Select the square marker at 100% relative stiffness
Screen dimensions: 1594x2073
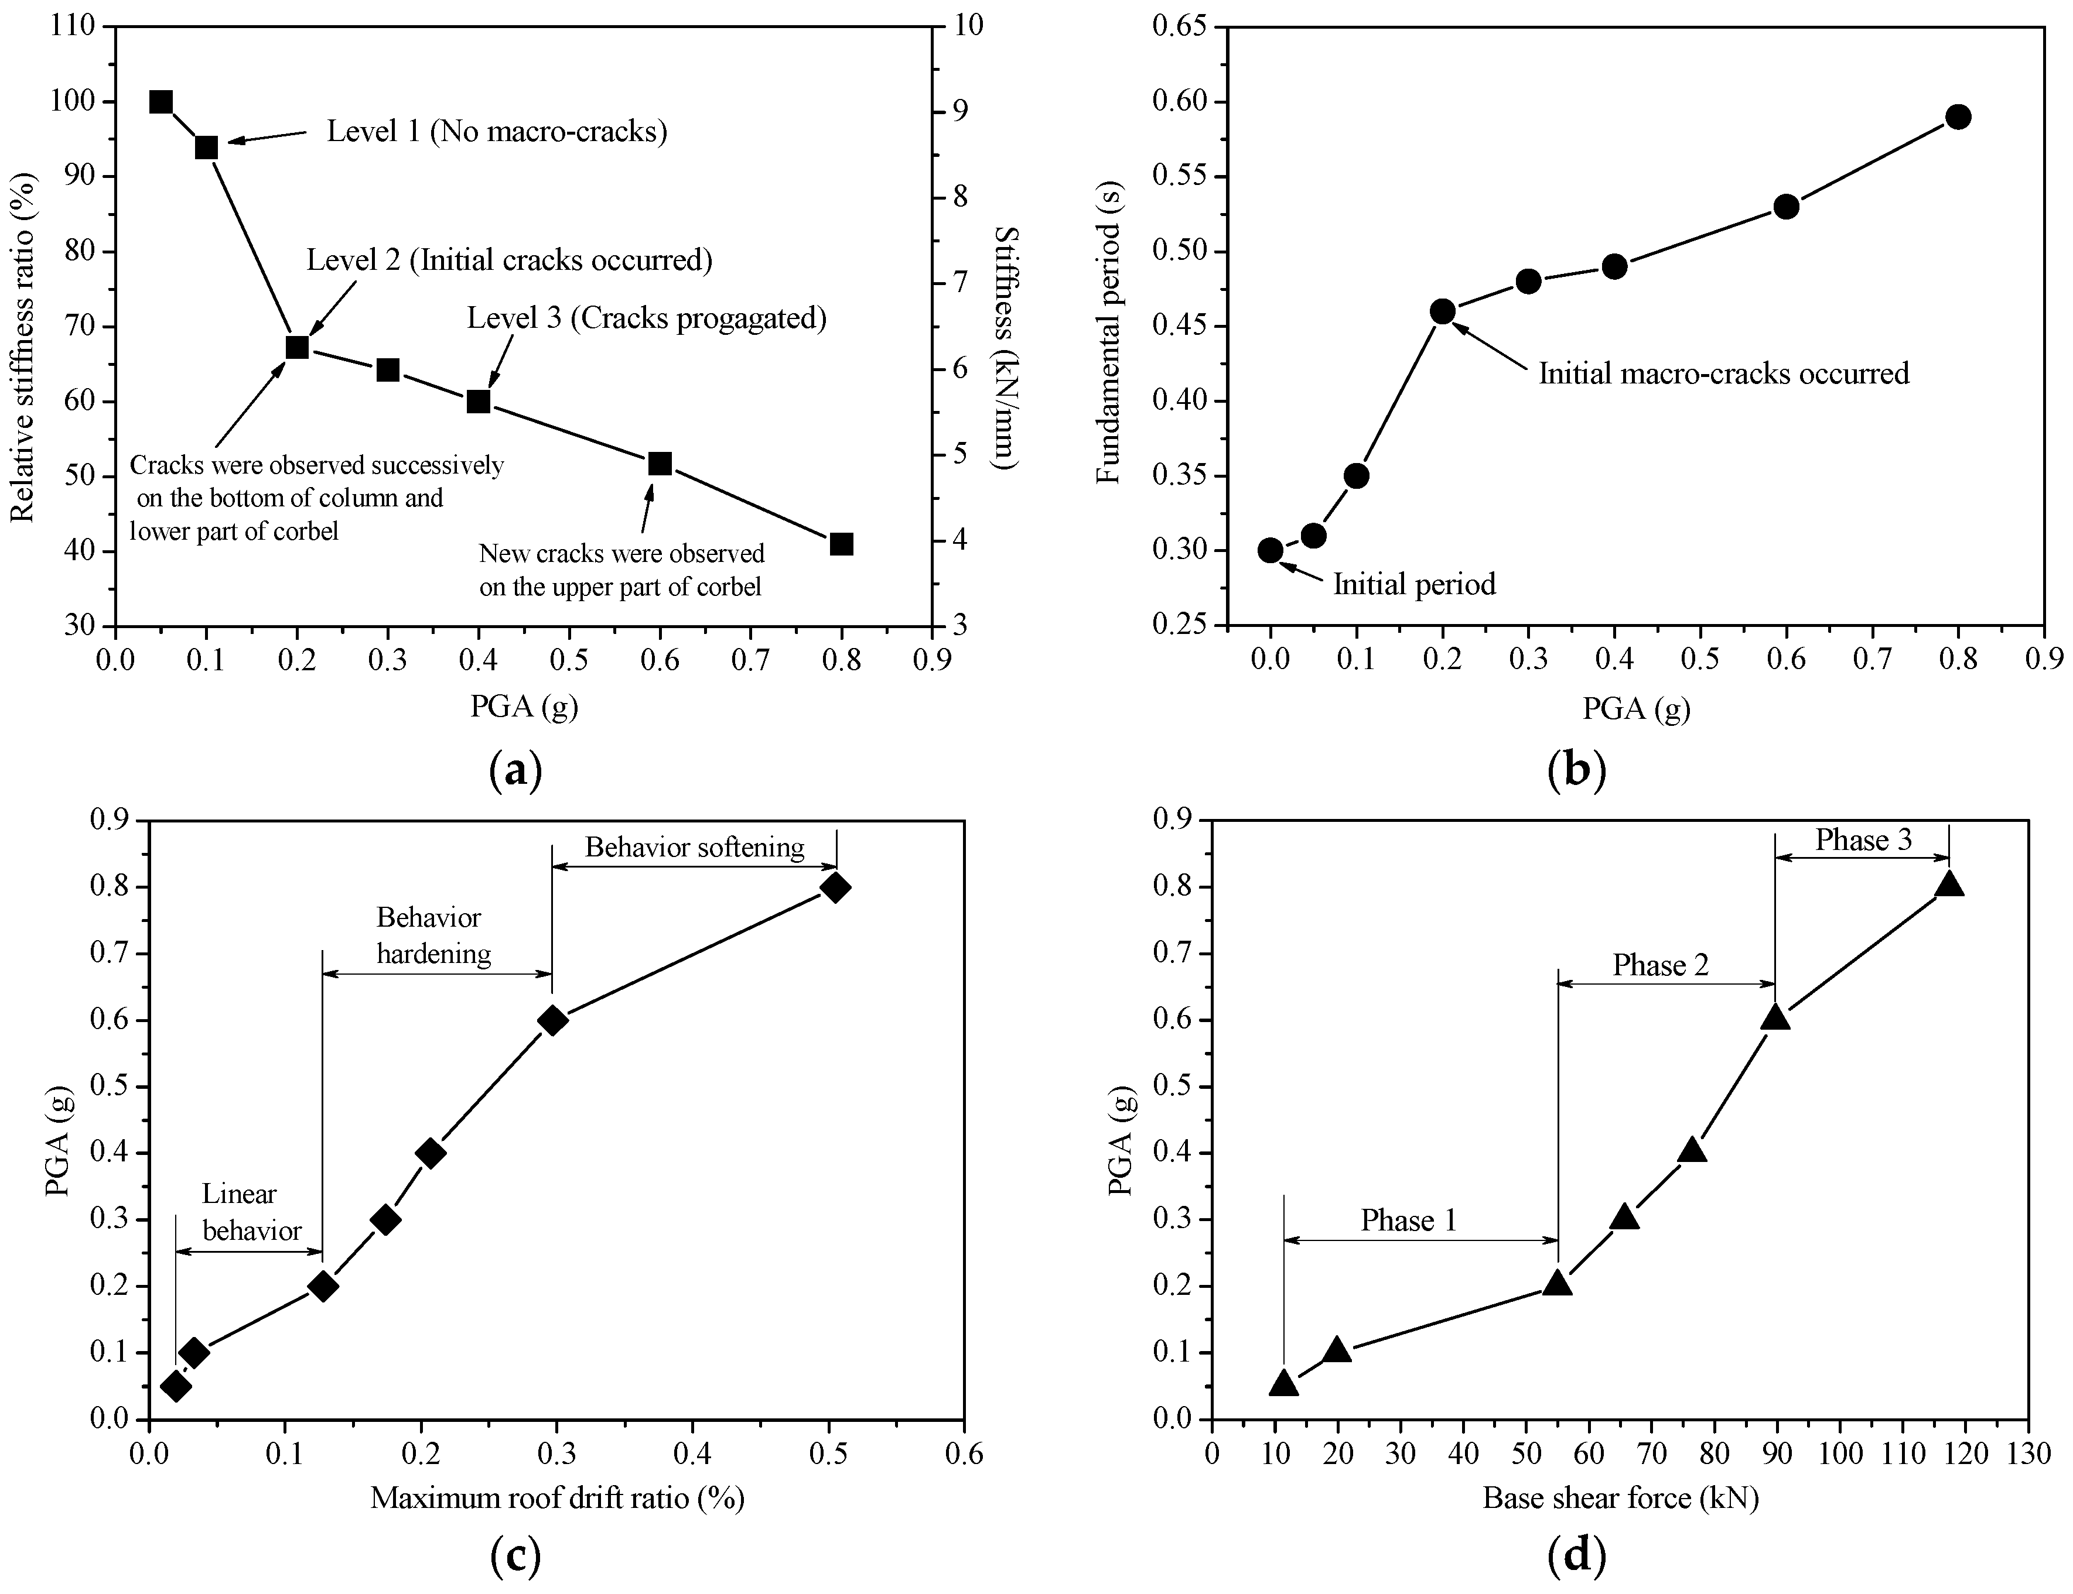point(161,101)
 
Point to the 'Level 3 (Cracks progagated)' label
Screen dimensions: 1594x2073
point(647,318)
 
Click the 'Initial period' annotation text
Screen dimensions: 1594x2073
point(1414,584)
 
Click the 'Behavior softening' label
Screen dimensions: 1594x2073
point(695,846)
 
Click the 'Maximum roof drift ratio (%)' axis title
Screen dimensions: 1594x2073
point(557,1497)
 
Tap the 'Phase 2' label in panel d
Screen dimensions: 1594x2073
point(1661,965)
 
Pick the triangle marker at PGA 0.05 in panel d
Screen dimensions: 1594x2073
point(1283,1383)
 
